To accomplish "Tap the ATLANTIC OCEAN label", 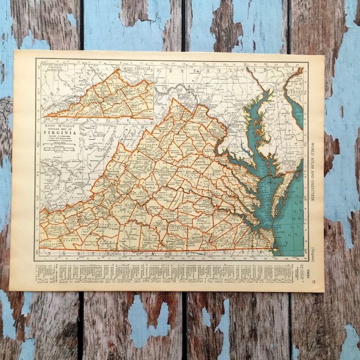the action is click(295, 216).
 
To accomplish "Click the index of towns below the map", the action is click(168, 273).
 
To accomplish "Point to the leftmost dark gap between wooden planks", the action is click(80, 180).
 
